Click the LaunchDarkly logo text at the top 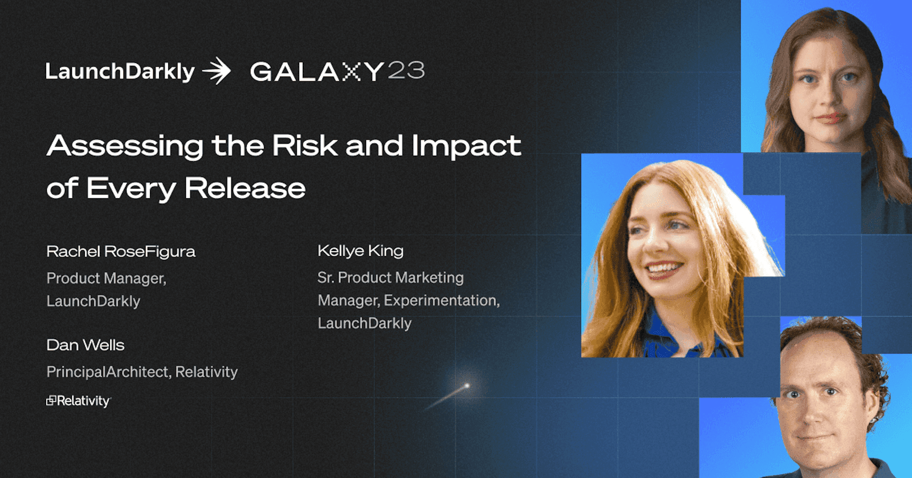coord(120,72)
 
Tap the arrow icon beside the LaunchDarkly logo coord(217,71)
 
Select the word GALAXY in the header coord(317,72)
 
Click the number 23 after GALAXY coord(406,70)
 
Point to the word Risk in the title coord(305,146)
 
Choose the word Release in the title coord(245,188)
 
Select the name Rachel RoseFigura coord(121,252)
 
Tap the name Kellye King coord(360,251)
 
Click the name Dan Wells coord(85,345)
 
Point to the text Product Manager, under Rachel coord(106,278)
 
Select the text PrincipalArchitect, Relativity coord(142,372)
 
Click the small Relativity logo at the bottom coord(78,401)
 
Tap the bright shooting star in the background coord(466,386)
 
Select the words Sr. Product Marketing coord(390,278)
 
